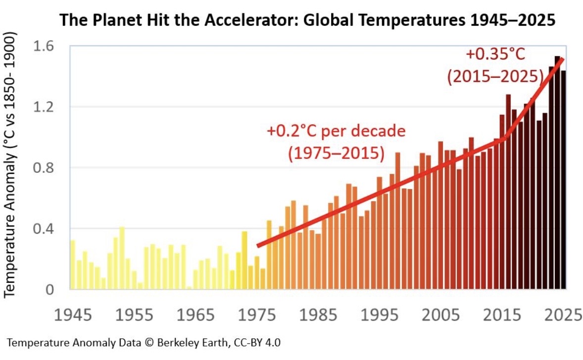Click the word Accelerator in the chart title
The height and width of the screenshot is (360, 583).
pyautogui.click(x=251, y=20)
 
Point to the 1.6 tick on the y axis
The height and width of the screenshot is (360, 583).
pyautogui.click(x=44, y=46)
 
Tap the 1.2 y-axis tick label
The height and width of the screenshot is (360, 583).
pyautogui.click(x=44, y=107)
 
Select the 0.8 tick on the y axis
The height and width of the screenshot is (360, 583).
pyautogui.click(x=44, y=168)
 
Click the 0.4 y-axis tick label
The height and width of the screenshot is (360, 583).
pyautogui.click(x=44, y=229)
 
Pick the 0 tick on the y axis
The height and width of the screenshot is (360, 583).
pyautogui.click(x=49, y=290)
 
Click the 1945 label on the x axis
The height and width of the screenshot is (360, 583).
pyautogui.click(x=73, y=315)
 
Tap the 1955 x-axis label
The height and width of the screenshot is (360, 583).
pyautogui.click(x=134, y=315)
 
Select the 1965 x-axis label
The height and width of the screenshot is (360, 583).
pyautogui.click(x=195, y=315)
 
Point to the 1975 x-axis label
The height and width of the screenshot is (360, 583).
pyautogui.click(x=257, y=315)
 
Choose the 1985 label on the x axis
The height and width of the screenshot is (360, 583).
pyautogui.click(x=318, y=315)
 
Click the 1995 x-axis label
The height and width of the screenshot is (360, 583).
pyautogui.click(x=380, y=315)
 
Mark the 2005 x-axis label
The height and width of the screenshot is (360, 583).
pyautogui.click(x=441, y=315)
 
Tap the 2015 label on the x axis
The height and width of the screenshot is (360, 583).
pyautogui.click(x=502, y=315)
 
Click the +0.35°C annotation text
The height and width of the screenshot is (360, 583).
pyautogui.click(x=495, y=54)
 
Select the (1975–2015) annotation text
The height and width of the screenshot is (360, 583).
pyautogui.click(x=336, y=153)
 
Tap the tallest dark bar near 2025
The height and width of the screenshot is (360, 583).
pyautogui.click(x=557, y=172)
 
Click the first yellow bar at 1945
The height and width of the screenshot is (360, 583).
pyautogui.click(x=72, y=264)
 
